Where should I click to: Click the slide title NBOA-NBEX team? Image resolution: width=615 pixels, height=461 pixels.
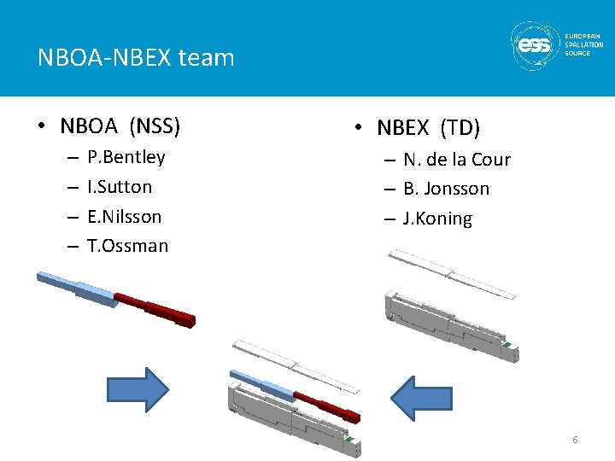coord(136,58)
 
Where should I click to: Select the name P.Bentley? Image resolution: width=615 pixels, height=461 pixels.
coord(126,157)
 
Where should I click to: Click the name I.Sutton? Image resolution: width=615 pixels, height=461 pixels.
coord(120,187)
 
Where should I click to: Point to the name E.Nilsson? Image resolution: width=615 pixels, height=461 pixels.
coord(124,217)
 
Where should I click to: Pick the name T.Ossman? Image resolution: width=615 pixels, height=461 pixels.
coord(127,247)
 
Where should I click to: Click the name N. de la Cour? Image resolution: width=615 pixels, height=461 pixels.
coord(457,160)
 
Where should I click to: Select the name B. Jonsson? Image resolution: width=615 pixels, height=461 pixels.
coord(446,189)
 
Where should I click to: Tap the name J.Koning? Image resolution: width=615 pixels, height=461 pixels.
coord(437,219)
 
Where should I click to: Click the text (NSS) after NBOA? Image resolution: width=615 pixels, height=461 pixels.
coord(155,127)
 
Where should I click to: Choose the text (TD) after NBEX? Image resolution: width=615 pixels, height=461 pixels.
coord(460,129)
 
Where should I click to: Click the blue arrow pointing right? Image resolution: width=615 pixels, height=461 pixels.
coord(138,390)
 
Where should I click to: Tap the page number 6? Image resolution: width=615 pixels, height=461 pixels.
coord(575,440)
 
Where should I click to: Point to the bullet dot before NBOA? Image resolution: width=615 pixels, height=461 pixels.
coord(41,128)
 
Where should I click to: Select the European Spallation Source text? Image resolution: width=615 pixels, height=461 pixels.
coord(583,44)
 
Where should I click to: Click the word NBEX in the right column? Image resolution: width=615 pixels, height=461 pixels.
coord(405,129)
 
